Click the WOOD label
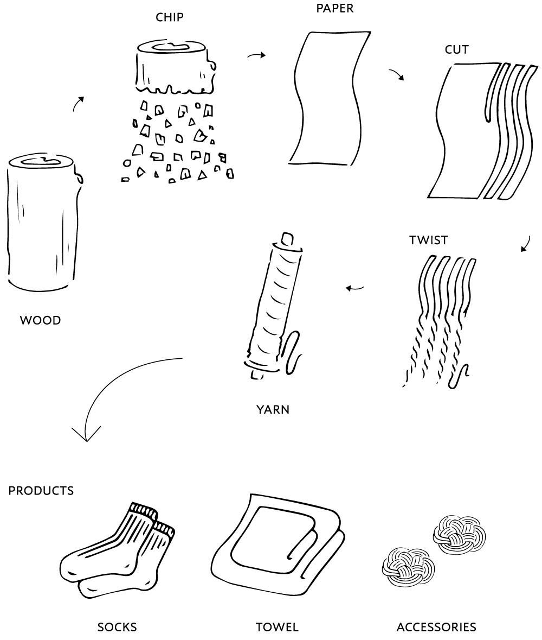tap(41, 320)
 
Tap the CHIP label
tap(170, 17)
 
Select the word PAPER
tap(335, 8)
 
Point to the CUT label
tap(457, 49)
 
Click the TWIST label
tap(429, 240)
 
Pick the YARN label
tap(273, 410)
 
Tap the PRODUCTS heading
tap(41, 491)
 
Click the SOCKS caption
tap(117, 628)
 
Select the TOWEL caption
tap(277, 628)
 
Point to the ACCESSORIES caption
tap(436, 628)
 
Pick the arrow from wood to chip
tap(79, 103)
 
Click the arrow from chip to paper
tap(256, 55)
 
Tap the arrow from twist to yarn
tap(355, 288)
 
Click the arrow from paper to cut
tap(397, 74)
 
